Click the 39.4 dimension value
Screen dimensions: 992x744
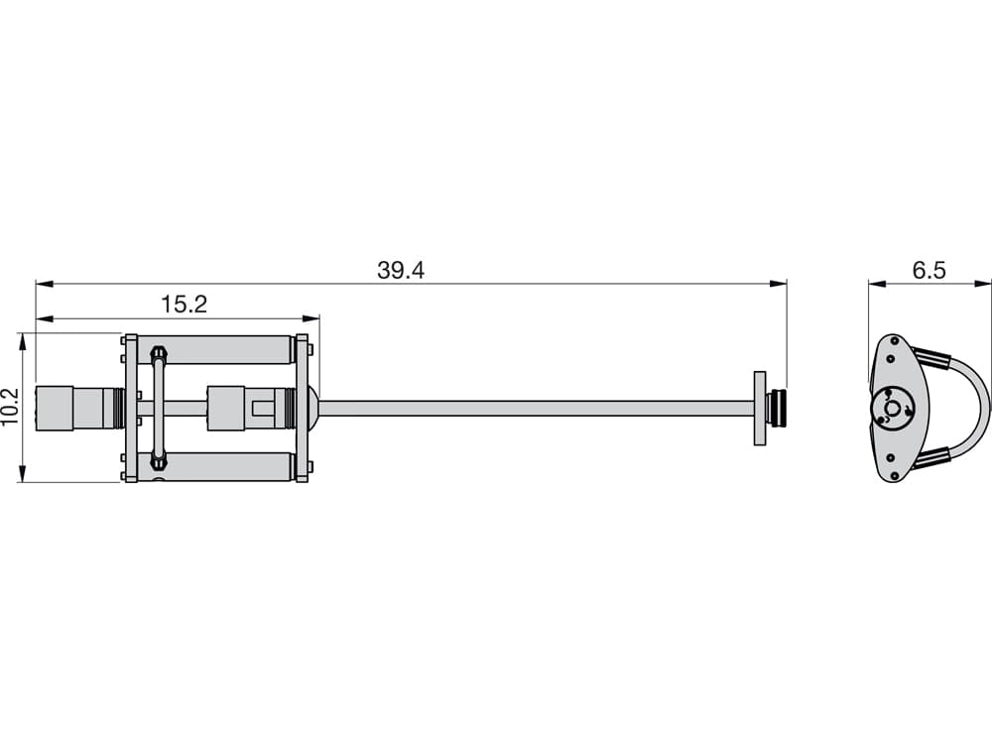click(401, 270)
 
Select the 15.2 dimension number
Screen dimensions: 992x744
click(184, 305)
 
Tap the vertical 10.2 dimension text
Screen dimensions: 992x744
click(11, 408)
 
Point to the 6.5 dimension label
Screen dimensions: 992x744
click(929, 270)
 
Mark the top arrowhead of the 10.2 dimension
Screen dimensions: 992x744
click(23, 341)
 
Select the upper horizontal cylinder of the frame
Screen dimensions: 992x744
click(215, 350)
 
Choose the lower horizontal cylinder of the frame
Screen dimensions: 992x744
click(215, 467)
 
